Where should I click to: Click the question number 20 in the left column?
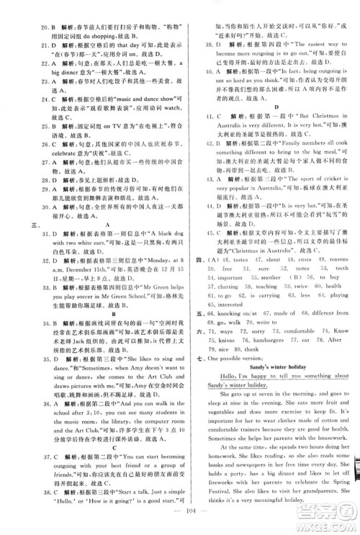(x=27, y=14)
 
